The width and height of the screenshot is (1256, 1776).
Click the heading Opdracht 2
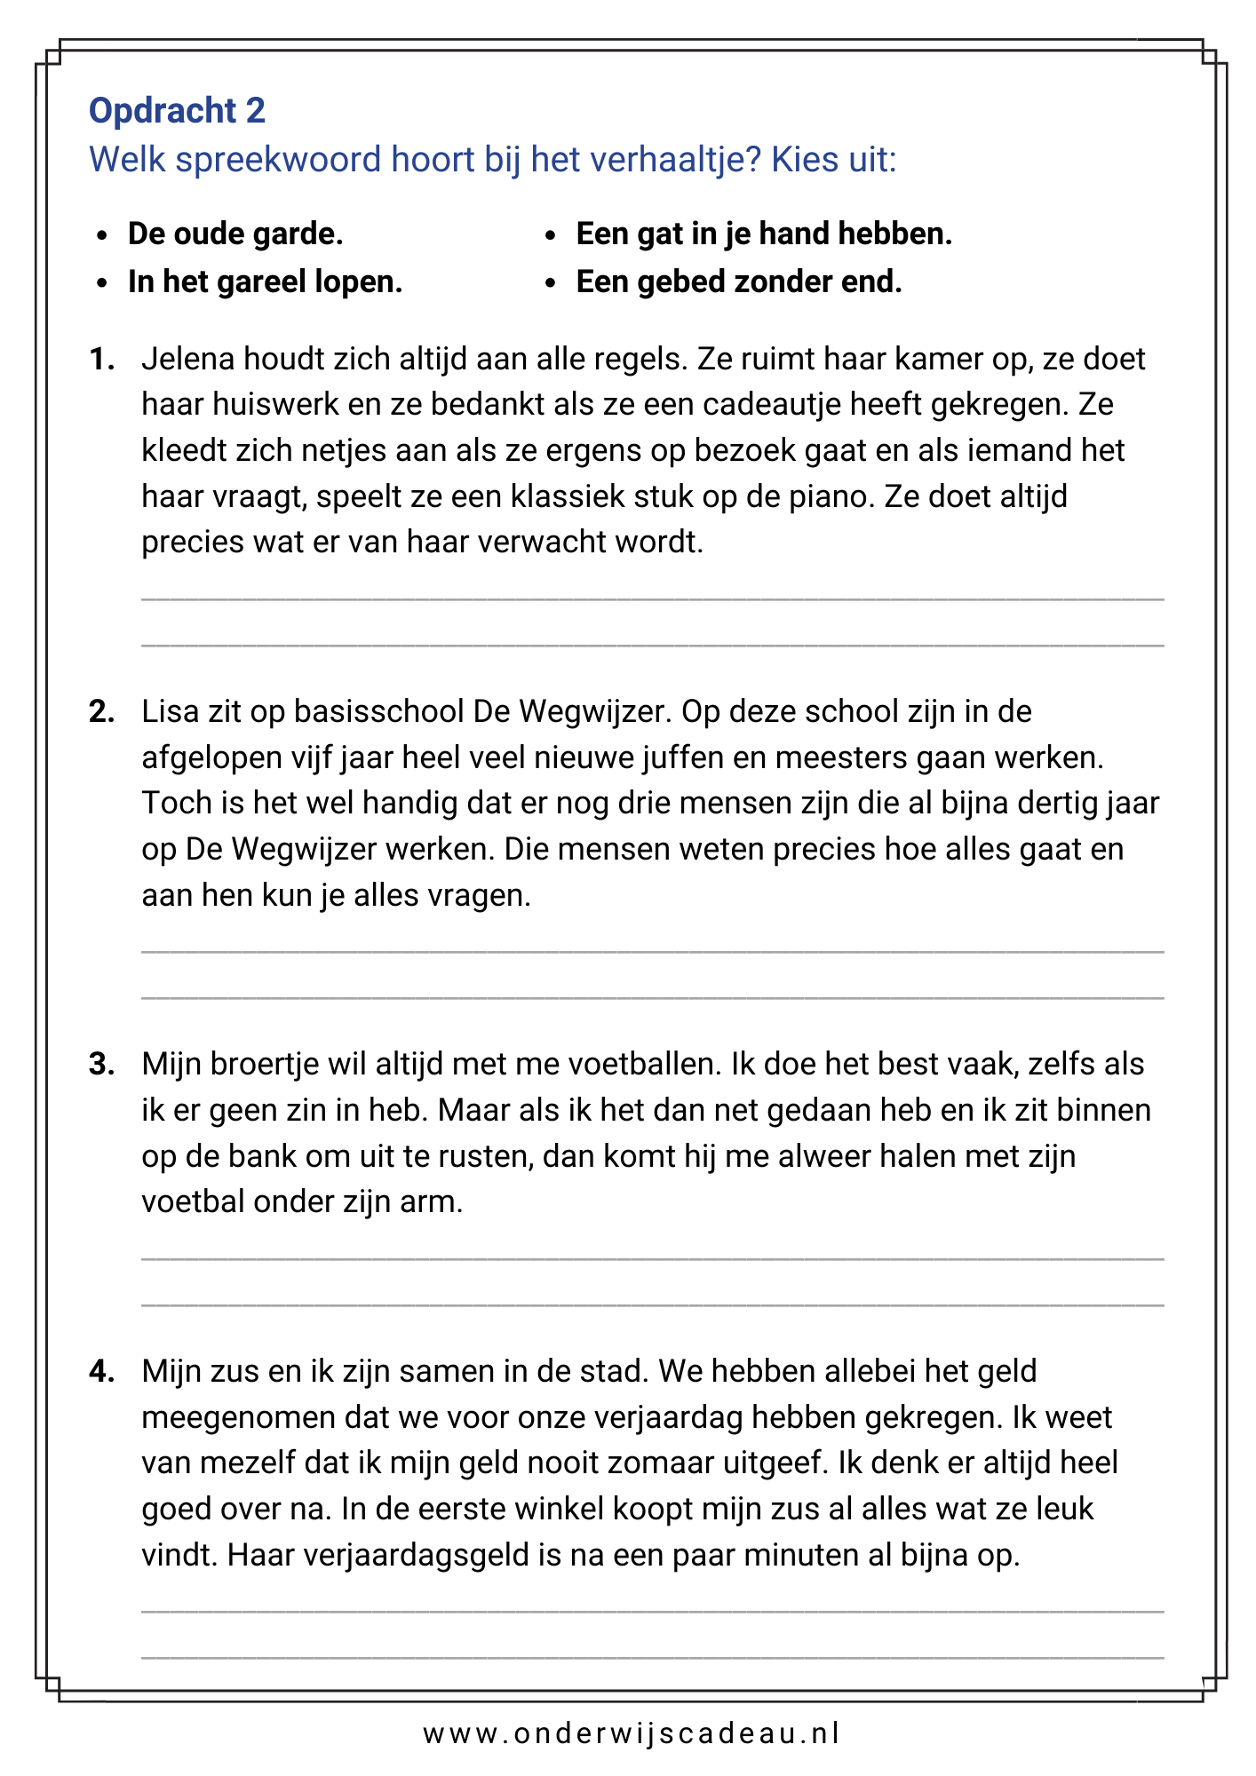[177, 111]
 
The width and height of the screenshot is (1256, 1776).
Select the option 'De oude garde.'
[235, 234]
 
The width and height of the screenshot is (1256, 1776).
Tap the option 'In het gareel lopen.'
[265, 282]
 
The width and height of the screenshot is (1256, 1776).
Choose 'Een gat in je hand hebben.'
[764, 234]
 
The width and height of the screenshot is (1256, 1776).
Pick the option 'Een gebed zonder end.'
[739, 282]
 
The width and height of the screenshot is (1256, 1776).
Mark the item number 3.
[101, 1065]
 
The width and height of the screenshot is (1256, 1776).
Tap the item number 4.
[101, 1372]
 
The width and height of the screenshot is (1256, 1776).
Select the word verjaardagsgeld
[379, 1556]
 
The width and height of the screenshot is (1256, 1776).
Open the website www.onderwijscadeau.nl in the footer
[631, 1734]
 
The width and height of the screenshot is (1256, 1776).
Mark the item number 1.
[101, 360]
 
